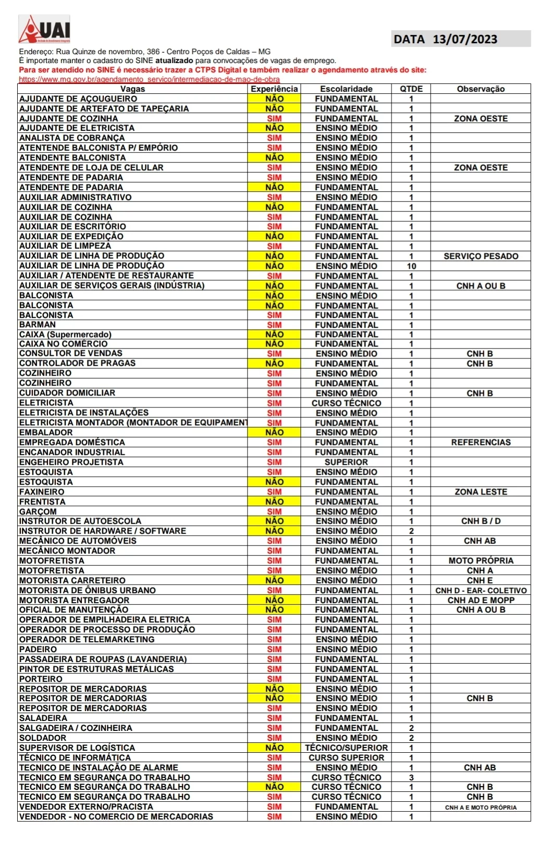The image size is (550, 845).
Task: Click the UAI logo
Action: pos(44,29)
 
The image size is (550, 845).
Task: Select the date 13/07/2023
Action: pos(465,39)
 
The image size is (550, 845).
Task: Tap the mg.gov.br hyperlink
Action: pos(149,79)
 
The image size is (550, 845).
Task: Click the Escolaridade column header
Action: pos(346,89)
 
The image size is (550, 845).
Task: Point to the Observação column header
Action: pos(481,89)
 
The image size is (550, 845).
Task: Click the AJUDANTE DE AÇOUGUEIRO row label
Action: pos(78,99)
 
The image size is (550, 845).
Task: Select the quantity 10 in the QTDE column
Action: pos(411,266)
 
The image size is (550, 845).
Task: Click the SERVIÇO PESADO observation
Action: pos(481,256)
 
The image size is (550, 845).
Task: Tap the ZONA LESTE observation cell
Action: pos(481,492)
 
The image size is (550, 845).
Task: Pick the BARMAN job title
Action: pos(38,325)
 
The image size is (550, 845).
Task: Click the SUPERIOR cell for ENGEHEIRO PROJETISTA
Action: pos(346,462)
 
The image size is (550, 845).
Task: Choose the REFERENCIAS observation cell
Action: pos(481,442)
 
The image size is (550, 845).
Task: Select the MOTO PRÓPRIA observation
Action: pos(481,561)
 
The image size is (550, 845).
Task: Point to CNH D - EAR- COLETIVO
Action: pos(481,590)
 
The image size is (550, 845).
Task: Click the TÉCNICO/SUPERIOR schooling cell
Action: pos(346,748)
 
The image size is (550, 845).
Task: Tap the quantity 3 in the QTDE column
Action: pos(411,777)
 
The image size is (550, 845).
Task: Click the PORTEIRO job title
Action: pos(41,679)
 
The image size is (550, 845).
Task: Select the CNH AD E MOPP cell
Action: pos(481,600)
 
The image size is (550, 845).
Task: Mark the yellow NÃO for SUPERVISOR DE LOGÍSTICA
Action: pos(274,748)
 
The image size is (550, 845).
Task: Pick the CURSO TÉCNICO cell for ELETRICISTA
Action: pos(346,403)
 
